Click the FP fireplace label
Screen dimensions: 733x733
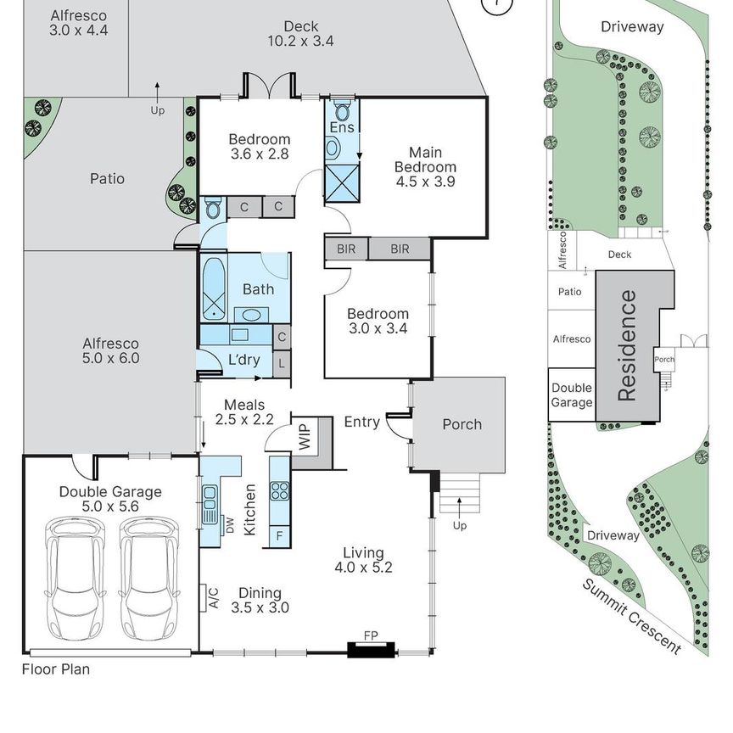coord(371,635)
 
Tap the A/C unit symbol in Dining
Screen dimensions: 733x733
coord(204,598)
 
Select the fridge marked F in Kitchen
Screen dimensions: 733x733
coord(280,535)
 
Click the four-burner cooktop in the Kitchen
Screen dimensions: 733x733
coord(280,491)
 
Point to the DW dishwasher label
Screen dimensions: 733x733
coord(230,525)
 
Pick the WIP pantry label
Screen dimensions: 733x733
coord(305,437)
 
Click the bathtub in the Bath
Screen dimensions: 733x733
coord(214,289)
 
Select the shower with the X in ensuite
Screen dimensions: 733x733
coord(342,182)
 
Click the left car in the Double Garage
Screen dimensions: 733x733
coord(75,579)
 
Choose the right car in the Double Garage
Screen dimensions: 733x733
coord(149,579)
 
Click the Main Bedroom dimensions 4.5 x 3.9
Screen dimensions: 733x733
coord(425,182)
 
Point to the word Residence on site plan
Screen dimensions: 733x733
coord(627,345)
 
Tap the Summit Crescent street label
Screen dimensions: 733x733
coord(631,616)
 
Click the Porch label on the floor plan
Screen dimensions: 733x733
coord(462,424)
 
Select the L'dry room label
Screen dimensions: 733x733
coord(244,360)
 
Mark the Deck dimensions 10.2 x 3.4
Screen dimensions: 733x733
coord(300,41)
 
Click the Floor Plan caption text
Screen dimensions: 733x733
coord(56,669)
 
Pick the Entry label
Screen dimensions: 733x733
coord(361,422)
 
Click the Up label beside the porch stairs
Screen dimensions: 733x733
coord(460,526)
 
